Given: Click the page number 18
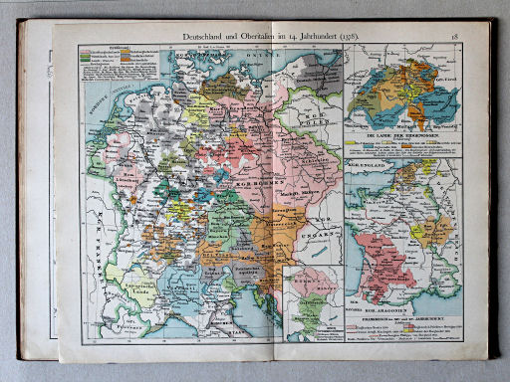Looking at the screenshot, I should pos(454,38).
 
